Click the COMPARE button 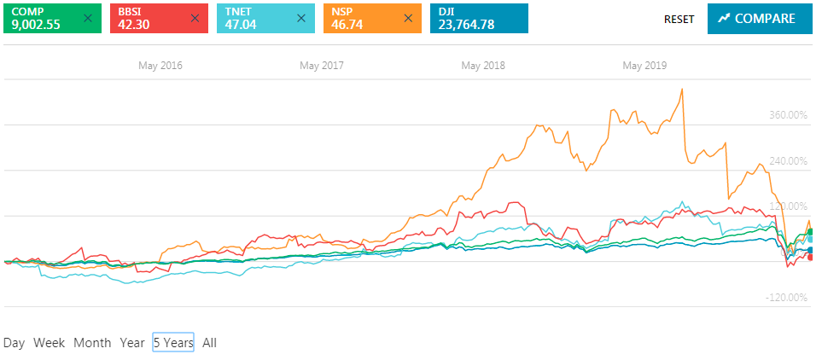click(757, 18)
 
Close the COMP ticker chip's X click(88, 18)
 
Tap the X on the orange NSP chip click(408, 18)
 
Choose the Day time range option click(14, 343)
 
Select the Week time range click(50, 343)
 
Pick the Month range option click(92, 343)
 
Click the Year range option click(132, 343)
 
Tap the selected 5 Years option click(173, 343)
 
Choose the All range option click(210, 343)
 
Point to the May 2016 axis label click(160, 65)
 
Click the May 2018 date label click(483, 65)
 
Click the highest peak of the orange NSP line click(682, 89)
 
